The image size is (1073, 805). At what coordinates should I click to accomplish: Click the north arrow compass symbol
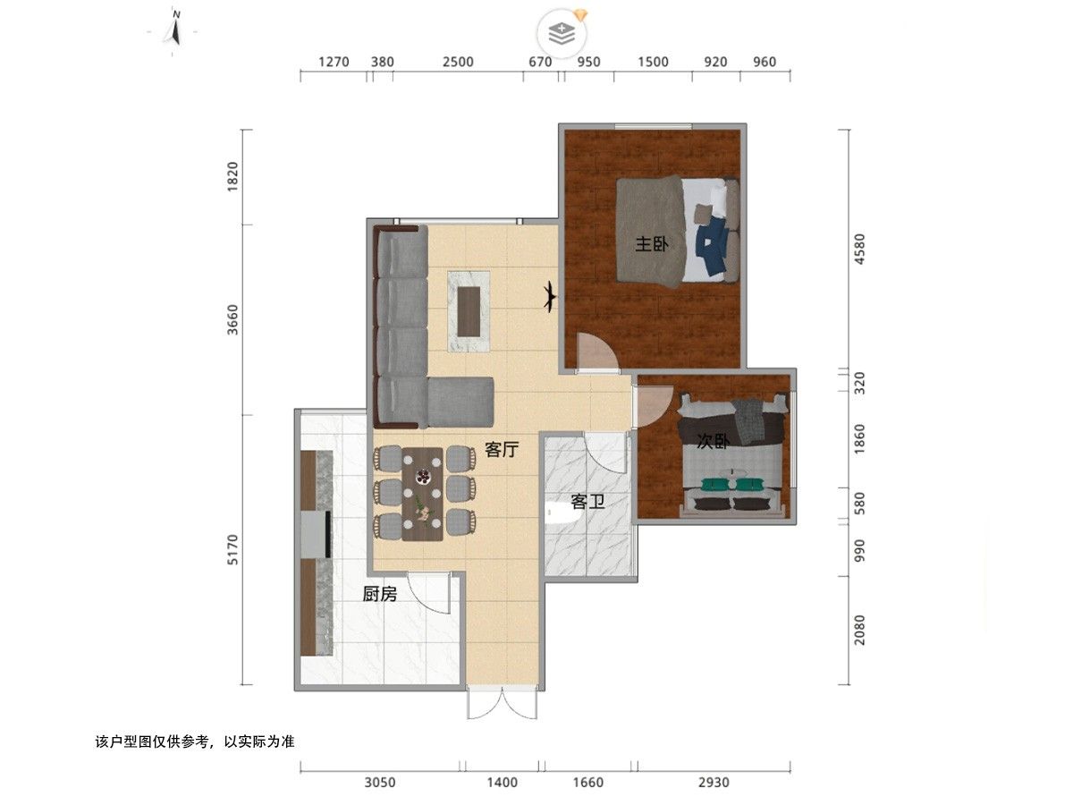pyautogui.click(x=174, y=30)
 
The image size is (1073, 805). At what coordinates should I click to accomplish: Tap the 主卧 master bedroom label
pyautogui.click(x=652, y=243)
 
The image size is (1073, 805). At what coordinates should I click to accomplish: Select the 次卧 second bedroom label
pyautogui.click(x=713, y=441)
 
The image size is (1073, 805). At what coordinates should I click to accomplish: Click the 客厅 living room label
pyautogui.click(x=502, y=449)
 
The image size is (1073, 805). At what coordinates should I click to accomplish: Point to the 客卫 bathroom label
pyautogui.click(x=588, y=502)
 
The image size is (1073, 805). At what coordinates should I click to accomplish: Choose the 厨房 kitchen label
pyautogui.click(x=380, y=594)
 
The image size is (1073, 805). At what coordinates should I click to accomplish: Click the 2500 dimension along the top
pyautogui.click(x=458, y=62)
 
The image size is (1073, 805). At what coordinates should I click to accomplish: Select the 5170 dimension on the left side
pyautogui.click(x=233, y=550)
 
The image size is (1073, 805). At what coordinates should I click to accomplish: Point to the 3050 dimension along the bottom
pyautogui.click(x=380, y=783)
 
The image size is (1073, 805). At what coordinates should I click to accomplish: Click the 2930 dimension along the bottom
pyautogui.click(x=714, y=783)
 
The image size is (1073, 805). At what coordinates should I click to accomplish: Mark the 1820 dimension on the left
pyautogui.click(x=233, y=176)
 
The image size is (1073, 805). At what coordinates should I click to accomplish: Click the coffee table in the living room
pyautogui.click(x=469, y=311)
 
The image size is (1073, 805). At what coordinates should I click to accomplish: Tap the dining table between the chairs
pyautogui.click(x=422, y=494)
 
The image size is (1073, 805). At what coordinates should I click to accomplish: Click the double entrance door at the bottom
pyautogui.click(x=502, y=703)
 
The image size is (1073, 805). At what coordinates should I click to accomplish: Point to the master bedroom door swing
pyautogui.click(x=597, y=351)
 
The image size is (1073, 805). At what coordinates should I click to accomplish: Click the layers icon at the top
pyautogui.click(x=562, y=33)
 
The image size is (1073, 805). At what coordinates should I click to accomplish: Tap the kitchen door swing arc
pyautogui.click(x=428, y=593)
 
